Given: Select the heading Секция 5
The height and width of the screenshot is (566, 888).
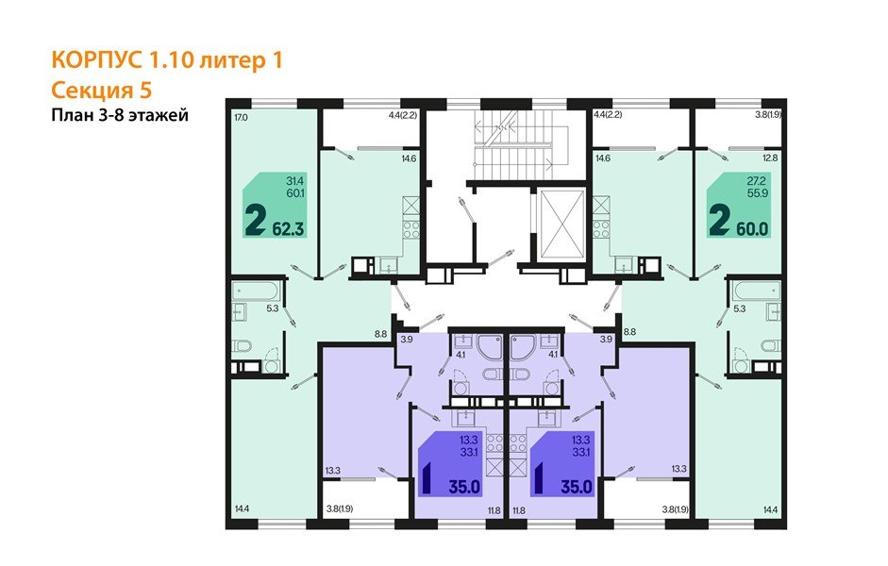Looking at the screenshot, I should pos(99,90).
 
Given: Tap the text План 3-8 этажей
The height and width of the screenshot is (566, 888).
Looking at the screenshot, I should pos(119,116).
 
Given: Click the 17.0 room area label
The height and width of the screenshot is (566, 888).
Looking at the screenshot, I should pos(241,118).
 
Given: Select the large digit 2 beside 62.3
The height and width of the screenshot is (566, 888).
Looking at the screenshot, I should pos(254,221).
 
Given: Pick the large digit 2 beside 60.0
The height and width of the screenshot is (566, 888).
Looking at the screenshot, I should pos(719,221).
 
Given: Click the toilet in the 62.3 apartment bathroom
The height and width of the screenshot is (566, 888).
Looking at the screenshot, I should pos(243,343).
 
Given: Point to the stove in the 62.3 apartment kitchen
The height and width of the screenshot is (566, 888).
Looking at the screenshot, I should pos(410,229).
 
